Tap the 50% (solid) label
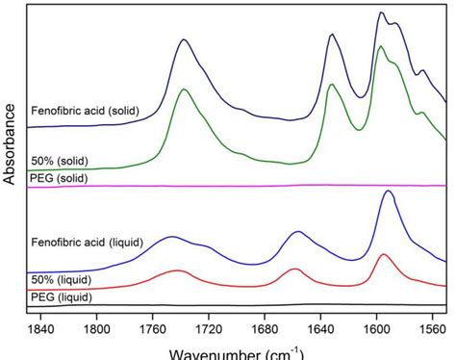tap(60, 160)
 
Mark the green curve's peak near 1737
tap(184, 92)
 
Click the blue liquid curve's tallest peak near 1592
tap(388, 192)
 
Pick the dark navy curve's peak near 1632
tap(332, 35)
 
